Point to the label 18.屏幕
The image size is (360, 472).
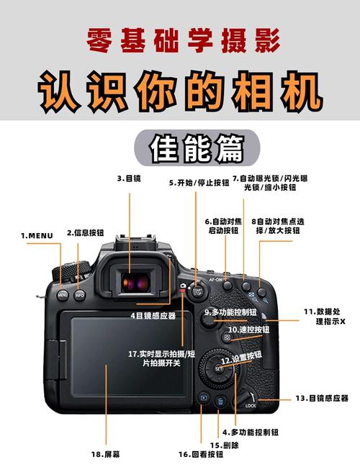[x=105, y=454]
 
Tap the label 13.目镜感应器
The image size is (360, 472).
[x=321, y=397]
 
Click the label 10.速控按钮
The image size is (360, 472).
[x=248, y=330]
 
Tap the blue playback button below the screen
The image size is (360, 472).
[x=203, y=397]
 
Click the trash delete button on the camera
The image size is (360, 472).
[x=221, y=401]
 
